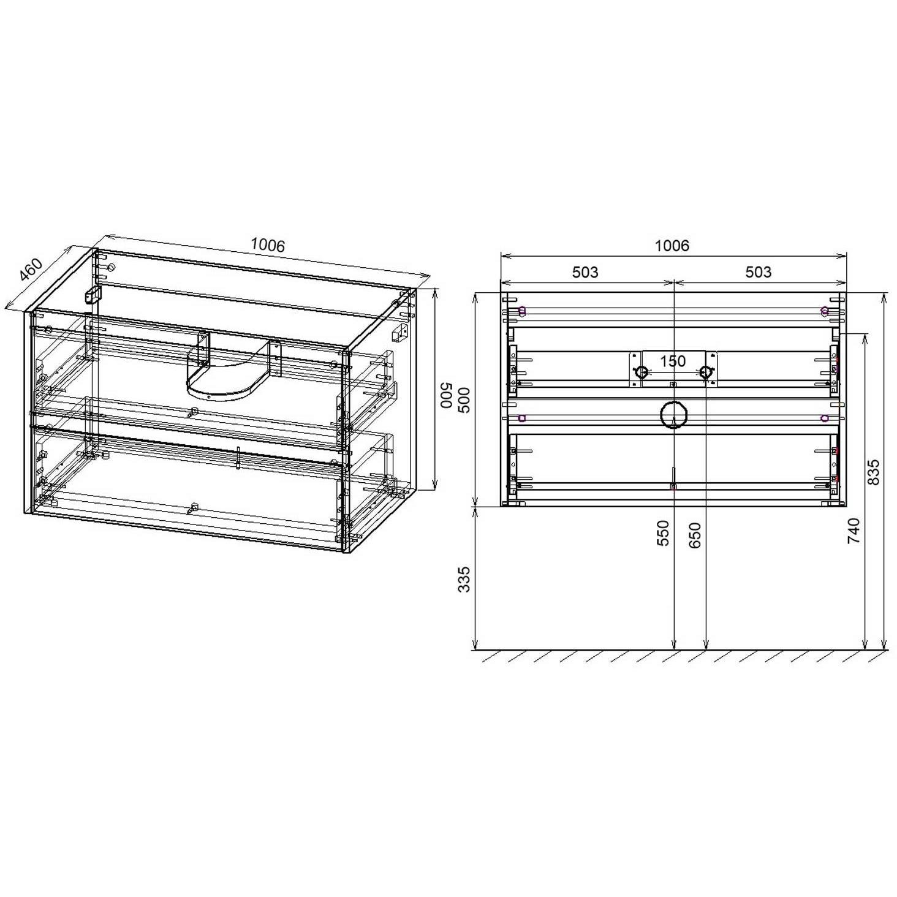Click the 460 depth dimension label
(31, 270)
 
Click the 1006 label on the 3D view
(267, 244)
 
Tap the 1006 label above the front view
(672, 245)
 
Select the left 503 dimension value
(585, 272)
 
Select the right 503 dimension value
(759, 272)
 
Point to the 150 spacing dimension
(673, 361)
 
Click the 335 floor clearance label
(464, 579)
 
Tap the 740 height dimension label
(854, 531)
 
